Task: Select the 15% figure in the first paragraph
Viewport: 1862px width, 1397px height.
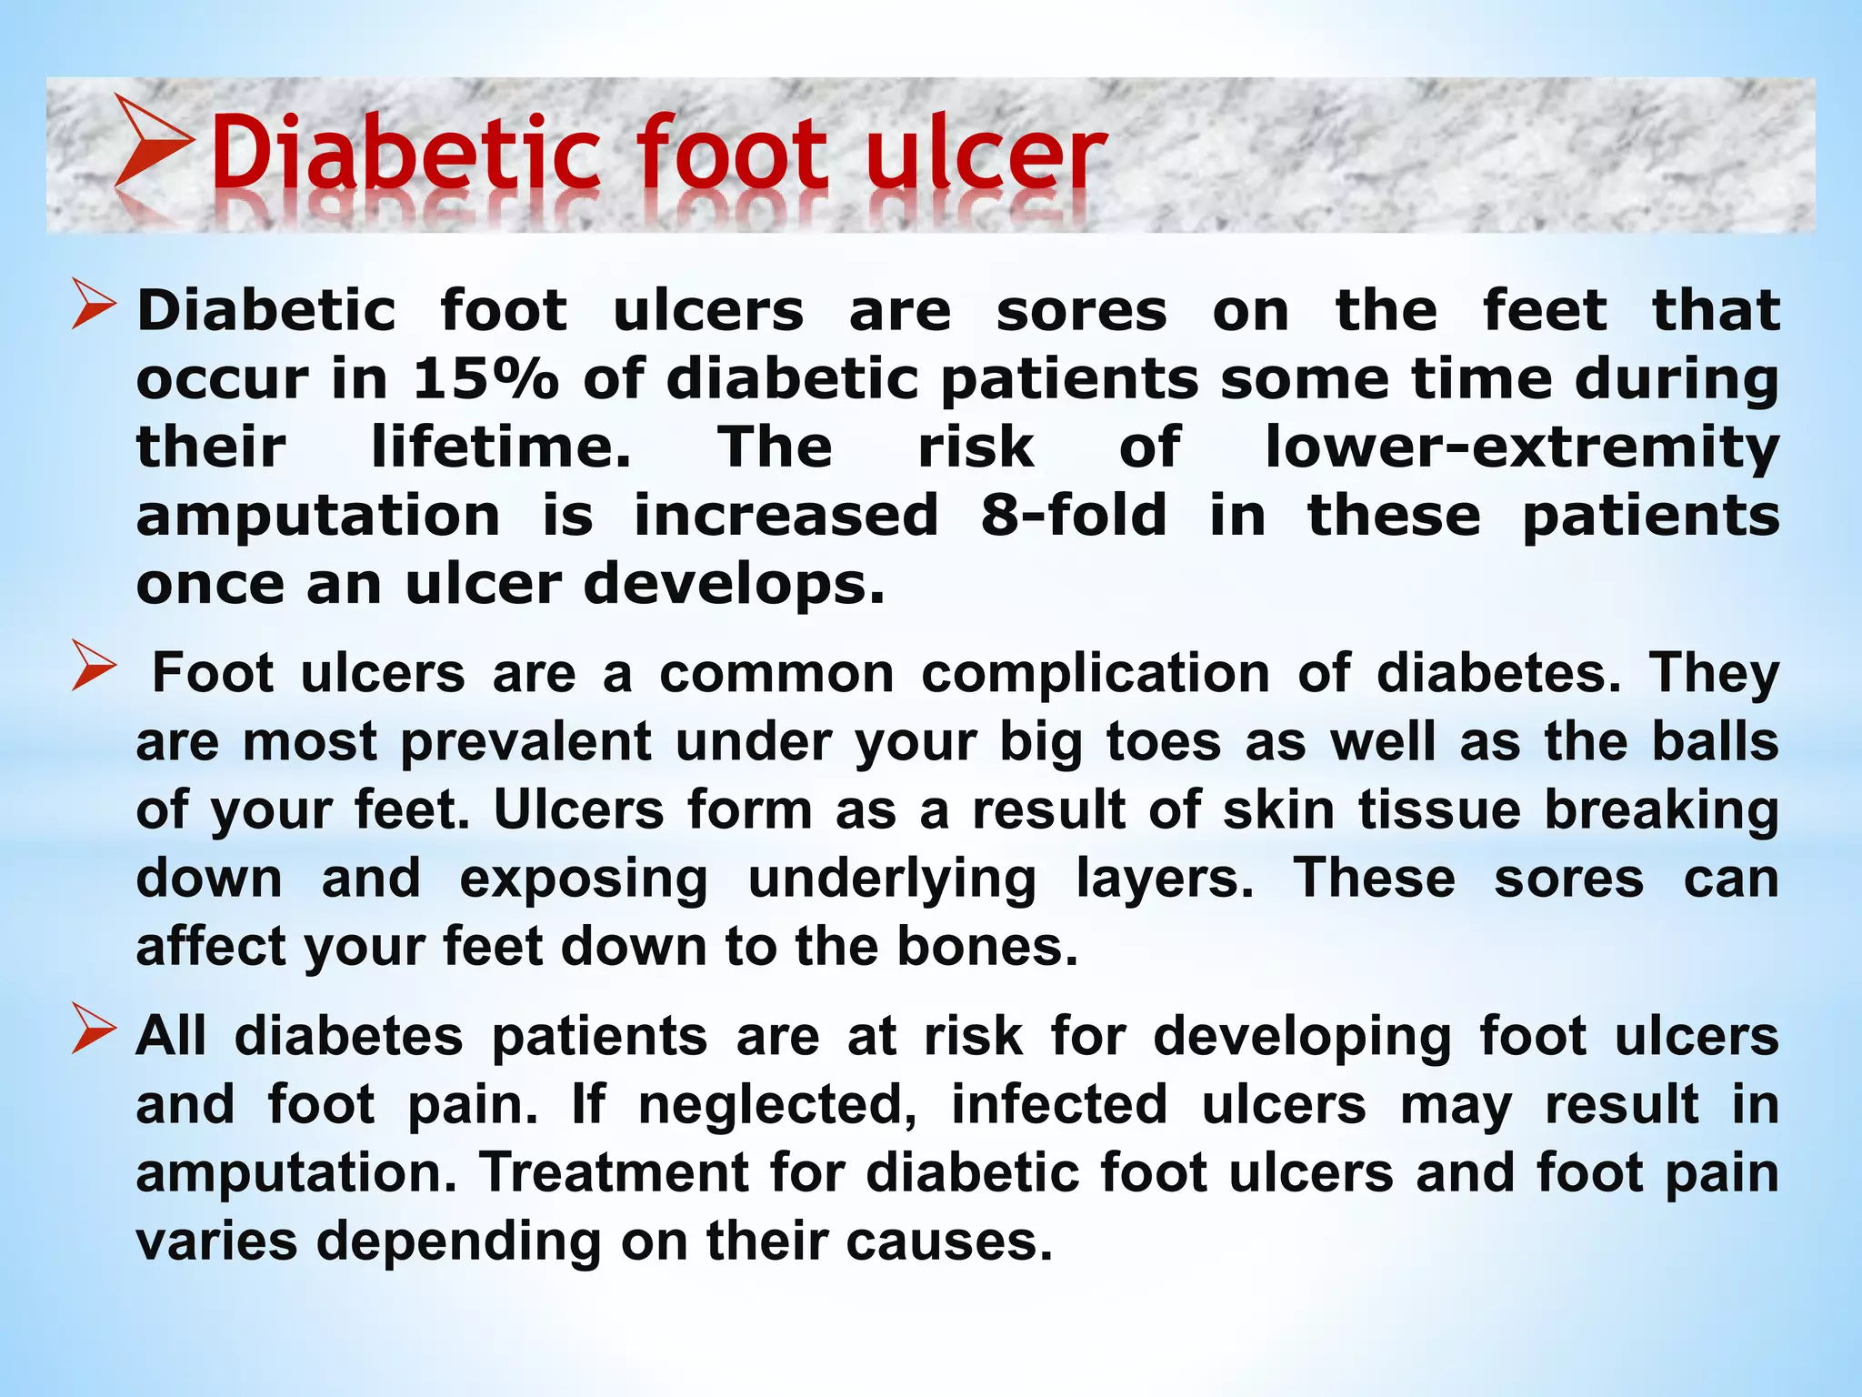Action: click(x=486, y=378)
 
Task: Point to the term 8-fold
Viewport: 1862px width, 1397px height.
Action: click(x=1074, y=515)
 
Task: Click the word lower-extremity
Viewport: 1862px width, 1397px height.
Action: click(x=1522, y=447)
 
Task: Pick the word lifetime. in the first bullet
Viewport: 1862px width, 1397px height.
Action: click(x=501, y=447)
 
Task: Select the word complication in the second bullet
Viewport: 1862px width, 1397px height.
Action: click(x=1096, y=674)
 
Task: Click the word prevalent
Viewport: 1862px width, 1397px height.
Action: click(x=526, y=741)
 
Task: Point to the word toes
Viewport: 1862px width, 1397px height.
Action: click(x=1164, y=741)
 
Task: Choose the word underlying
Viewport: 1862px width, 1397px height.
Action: click(x=892, y=879)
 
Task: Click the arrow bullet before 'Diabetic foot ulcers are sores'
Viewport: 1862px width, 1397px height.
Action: click(x=95, y=306)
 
